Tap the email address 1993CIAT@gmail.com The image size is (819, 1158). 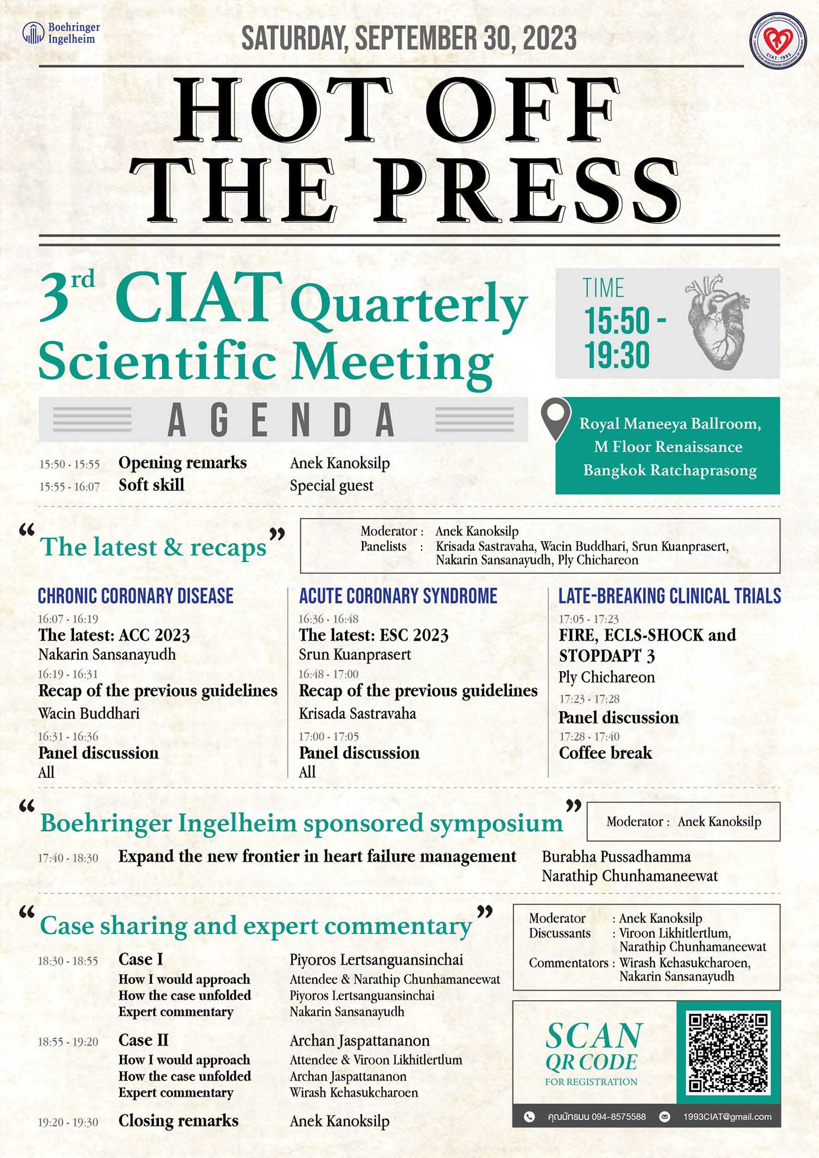[x=727, y=1117]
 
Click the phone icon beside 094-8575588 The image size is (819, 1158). [x=529, y=1117]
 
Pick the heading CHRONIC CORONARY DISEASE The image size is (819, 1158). [x=136, y=596]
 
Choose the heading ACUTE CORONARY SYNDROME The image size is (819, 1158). [x=398, y=596]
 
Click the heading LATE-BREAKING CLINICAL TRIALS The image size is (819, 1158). [x=670, y=596]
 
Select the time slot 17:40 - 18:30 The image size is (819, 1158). [x=68, y=858]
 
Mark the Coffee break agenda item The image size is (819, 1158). [x=605, y=753]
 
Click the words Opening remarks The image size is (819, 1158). [x=183, y=463]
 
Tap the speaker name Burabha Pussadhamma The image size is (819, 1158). [x=616, y=857]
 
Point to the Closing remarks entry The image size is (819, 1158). [x=178, y=1121]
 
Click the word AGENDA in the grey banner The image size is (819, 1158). [x=281, y=420]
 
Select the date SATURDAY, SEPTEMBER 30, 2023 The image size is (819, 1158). [x=409, y=38]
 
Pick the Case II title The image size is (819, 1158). [x=144, y=1040]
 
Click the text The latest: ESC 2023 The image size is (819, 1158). [x=373, y=636]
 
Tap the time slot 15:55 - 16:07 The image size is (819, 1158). [x=69, y=487]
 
